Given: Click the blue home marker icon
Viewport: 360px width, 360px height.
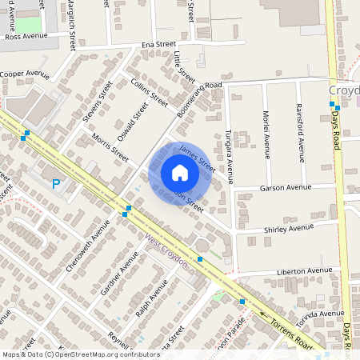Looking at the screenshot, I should point(180,173).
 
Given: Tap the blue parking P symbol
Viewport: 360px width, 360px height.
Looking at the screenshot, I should point(56,184).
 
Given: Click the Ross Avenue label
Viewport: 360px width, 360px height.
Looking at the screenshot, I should point(26,37).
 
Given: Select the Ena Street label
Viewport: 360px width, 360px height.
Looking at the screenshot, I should point(158,45).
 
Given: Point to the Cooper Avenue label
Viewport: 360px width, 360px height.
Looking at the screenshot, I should point(25,74).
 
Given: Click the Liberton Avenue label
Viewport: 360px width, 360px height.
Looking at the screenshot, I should point(303,272).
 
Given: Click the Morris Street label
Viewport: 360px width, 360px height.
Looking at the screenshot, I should point(110,147).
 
